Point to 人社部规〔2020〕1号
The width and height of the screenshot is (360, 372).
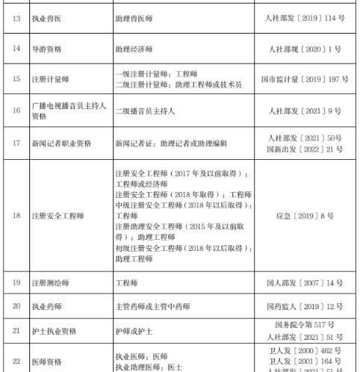304,48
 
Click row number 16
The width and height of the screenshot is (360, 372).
16,111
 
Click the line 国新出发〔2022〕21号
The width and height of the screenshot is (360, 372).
304,149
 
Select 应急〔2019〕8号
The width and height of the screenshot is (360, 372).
304,215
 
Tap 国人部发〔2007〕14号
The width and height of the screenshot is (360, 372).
304,282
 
